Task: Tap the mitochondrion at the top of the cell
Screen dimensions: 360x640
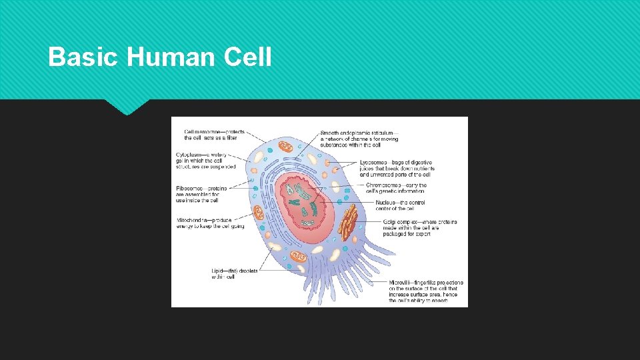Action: click(285, 146)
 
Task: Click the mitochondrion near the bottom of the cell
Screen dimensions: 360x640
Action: click(299, 257)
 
